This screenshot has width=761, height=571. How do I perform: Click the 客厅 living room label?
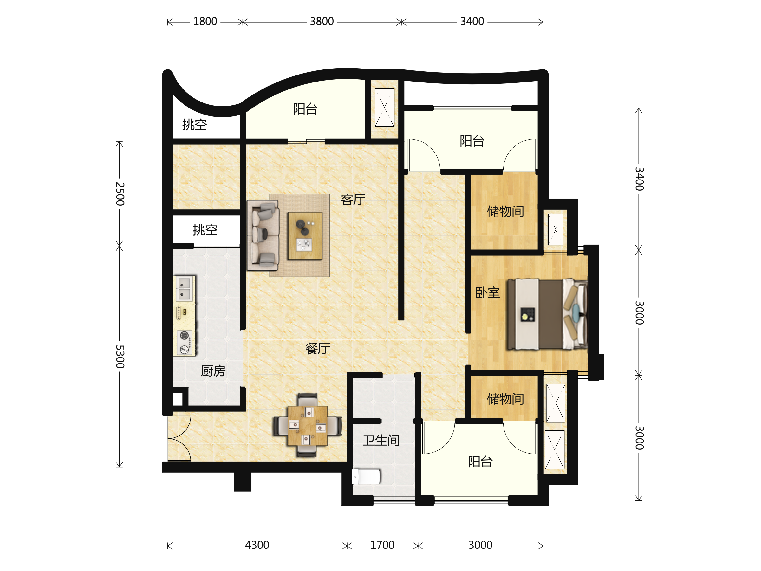click(353, 200)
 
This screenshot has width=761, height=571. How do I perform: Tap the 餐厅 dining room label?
click(317, 349)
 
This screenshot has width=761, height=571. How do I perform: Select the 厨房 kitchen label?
click(213, 371)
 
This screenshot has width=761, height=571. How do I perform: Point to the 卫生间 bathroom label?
click(381, 441)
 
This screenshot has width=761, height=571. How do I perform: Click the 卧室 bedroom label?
click(487, 292)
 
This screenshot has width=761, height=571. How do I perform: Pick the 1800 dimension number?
click(205, 22)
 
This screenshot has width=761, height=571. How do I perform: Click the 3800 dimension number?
click(322, 22)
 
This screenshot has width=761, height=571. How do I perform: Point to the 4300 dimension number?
click(257, 545)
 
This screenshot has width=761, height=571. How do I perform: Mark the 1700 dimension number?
click(382, 545)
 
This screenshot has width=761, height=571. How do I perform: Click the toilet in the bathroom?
click(366, 477)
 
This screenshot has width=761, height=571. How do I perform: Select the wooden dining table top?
click(308, 426)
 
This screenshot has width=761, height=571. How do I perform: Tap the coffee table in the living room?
click(305, 236)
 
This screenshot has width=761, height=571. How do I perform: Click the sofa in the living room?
click(263, 235)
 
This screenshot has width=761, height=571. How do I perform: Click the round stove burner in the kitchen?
click(185, 335)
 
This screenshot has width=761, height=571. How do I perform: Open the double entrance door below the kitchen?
click(179, 438)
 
